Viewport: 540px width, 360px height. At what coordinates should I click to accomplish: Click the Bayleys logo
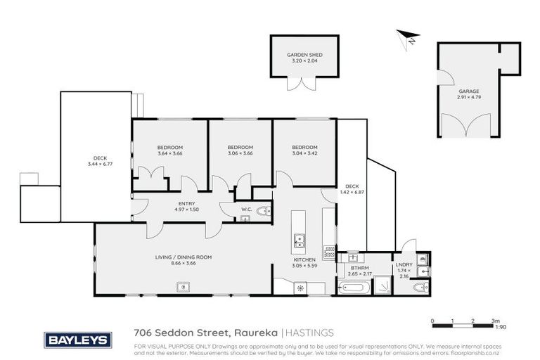[x=78, y=340]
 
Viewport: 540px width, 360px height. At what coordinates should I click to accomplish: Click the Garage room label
[x=469, y=91]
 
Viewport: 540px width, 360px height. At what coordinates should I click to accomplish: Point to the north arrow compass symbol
[x=409, y=37]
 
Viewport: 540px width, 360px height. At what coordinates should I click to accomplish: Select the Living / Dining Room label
[x=184, y=257]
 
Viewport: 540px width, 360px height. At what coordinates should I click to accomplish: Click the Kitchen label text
[x=304, y=259]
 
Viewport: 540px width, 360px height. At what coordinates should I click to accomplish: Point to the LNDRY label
[x=404, y=264]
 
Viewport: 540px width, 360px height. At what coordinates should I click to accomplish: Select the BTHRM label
[x=360, y=268]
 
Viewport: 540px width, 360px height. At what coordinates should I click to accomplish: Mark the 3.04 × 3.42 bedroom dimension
[x=304, y=153]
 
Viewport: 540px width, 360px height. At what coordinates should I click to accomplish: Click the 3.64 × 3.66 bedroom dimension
[x=170, y=153]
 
